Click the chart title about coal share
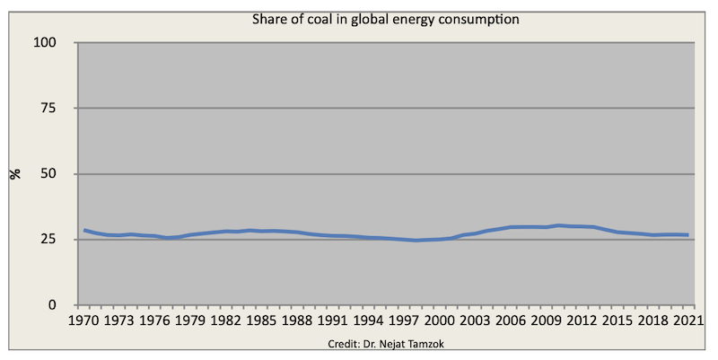(x=386, y=19)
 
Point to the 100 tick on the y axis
(x=45, y=42)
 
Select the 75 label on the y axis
(x=48, y=108)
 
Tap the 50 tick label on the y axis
(x=48, y=174)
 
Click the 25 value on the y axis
(x=48, y=240)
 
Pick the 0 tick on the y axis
(x=52, y=305)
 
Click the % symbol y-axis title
(x=16, y=174)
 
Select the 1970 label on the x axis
(x=83, y=320)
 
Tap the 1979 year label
(x=190, y=320)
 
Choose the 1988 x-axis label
(x=297, y=320)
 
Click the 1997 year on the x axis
(x=403, y=320)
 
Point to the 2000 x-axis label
(x=439, y=320)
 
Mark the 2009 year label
(x=546, y=320)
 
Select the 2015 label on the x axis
(x=617, y=320)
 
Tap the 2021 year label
(x=688, y=320)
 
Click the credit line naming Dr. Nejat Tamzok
(x=386, y=344)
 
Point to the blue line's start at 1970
(x=84, y=231)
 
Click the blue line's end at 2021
(x=688, y=235)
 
